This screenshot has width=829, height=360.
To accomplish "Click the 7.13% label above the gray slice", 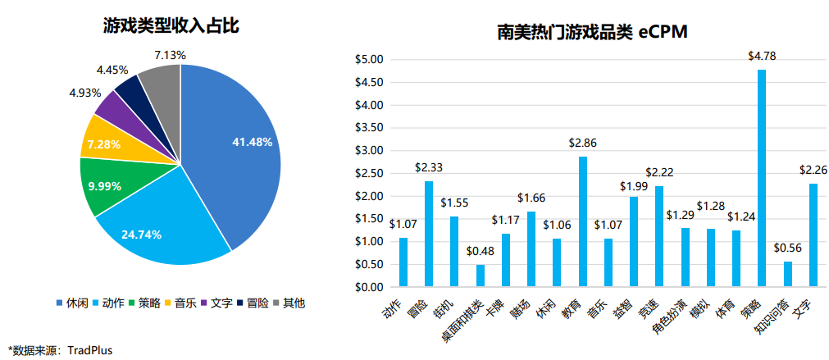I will pyautogui.click(x=170, y=55).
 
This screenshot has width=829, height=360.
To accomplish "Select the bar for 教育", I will pyautogui.click(x=583, y=221).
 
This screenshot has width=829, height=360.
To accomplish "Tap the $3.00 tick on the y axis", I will pyautogui.click(x=368, y=151).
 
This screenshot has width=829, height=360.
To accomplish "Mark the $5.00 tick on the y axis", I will pyautogui.click(x=368, y=60).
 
